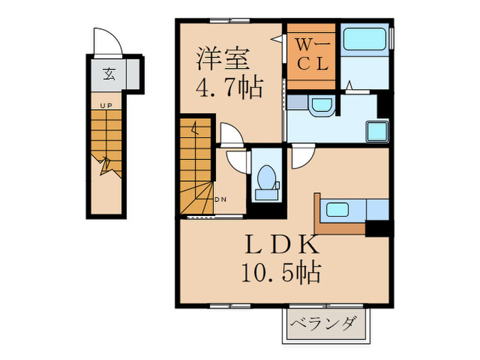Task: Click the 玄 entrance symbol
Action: (108, 74)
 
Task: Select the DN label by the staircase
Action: (221, 200)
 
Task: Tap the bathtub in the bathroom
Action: (364, 43)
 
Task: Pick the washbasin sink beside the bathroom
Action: (320, 107)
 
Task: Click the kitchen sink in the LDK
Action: (338, 208)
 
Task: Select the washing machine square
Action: (376, 130)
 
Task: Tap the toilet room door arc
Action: (237, 160)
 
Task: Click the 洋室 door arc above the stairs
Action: (231, 134)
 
